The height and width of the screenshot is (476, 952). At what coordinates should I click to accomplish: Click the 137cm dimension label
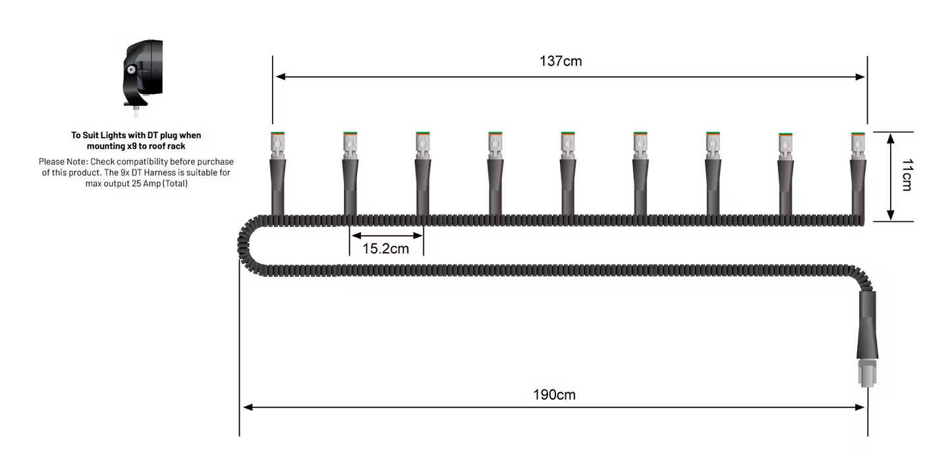tap(560, 61)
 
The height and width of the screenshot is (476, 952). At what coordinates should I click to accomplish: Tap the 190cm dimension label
tap(553, 395)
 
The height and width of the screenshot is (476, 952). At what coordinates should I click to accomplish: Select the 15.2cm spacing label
tap(385, 249)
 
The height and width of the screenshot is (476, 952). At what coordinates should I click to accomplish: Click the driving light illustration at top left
tap(142, 72)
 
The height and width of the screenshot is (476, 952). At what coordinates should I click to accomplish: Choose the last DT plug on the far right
tap(858, 144)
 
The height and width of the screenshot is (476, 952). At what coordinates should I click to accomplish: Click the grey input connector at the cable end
tap(866, 373)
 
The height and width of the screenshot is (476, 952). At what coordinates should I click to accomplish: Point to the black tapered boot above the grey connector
tap(866, 329)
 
